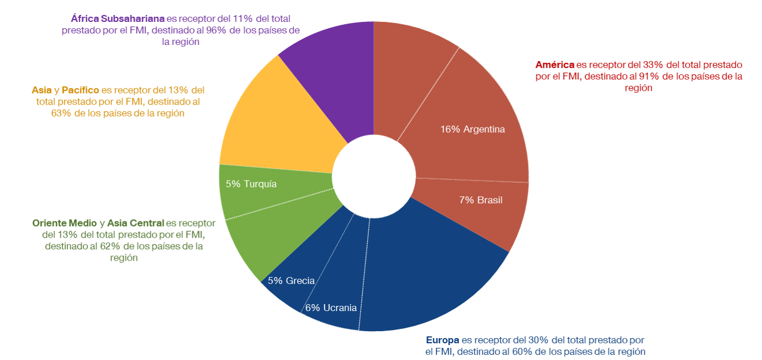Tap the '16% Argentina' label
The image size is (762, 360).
472,129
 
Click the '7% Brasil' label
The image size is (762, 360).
481,200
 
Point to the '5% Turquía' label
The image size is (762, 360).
251,184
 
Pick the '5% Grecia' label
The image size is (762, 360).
291,281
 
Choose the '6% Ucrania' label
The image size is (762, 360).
331,307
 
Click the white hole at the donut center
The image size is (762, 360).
374,177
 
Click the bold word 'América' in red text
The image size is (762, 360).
555,64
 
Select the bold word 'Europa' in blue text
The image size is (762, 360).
442,340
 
